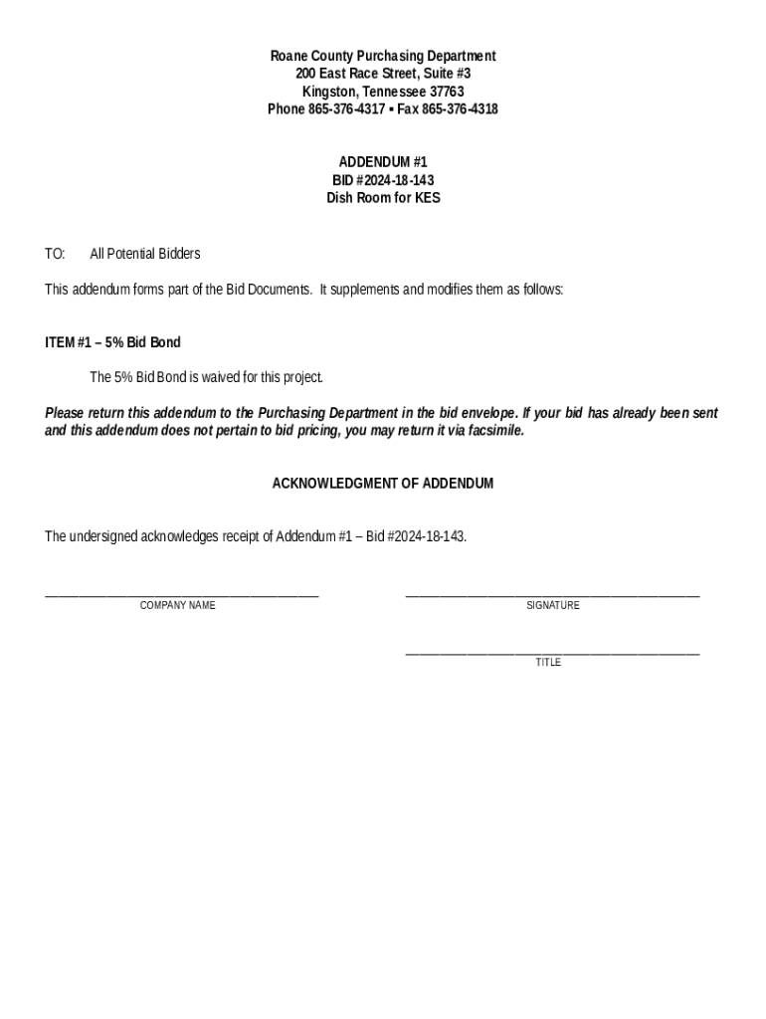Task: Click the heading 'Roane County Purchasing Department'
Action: (x=383, y=57)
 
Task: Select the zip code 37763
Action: (x=445, y=92)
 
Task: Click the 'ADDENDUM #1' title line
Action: (x=383, y=162)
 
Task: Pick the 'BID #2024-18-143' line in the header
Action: (x=383, y=180)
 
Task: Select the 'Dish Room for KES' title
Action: (x=383, y=198)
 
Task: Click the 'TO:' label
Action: (x=55, y=255)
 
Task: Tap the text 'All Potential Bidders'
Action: (x=145, y=255)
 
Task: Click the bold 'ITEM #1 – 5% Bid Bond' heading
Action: (x=112, y=342)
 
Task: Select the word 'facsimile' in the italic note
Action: (x=493, y=432)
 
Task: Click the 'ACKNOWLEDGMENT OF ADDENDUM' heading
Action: (x=383, y=484)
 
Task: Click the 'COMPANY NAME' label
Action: (x=177, y=606)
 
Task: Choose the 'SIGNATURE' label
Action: (x=553, y=606)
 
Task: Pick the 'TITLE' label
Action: (x=548, y=663)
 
